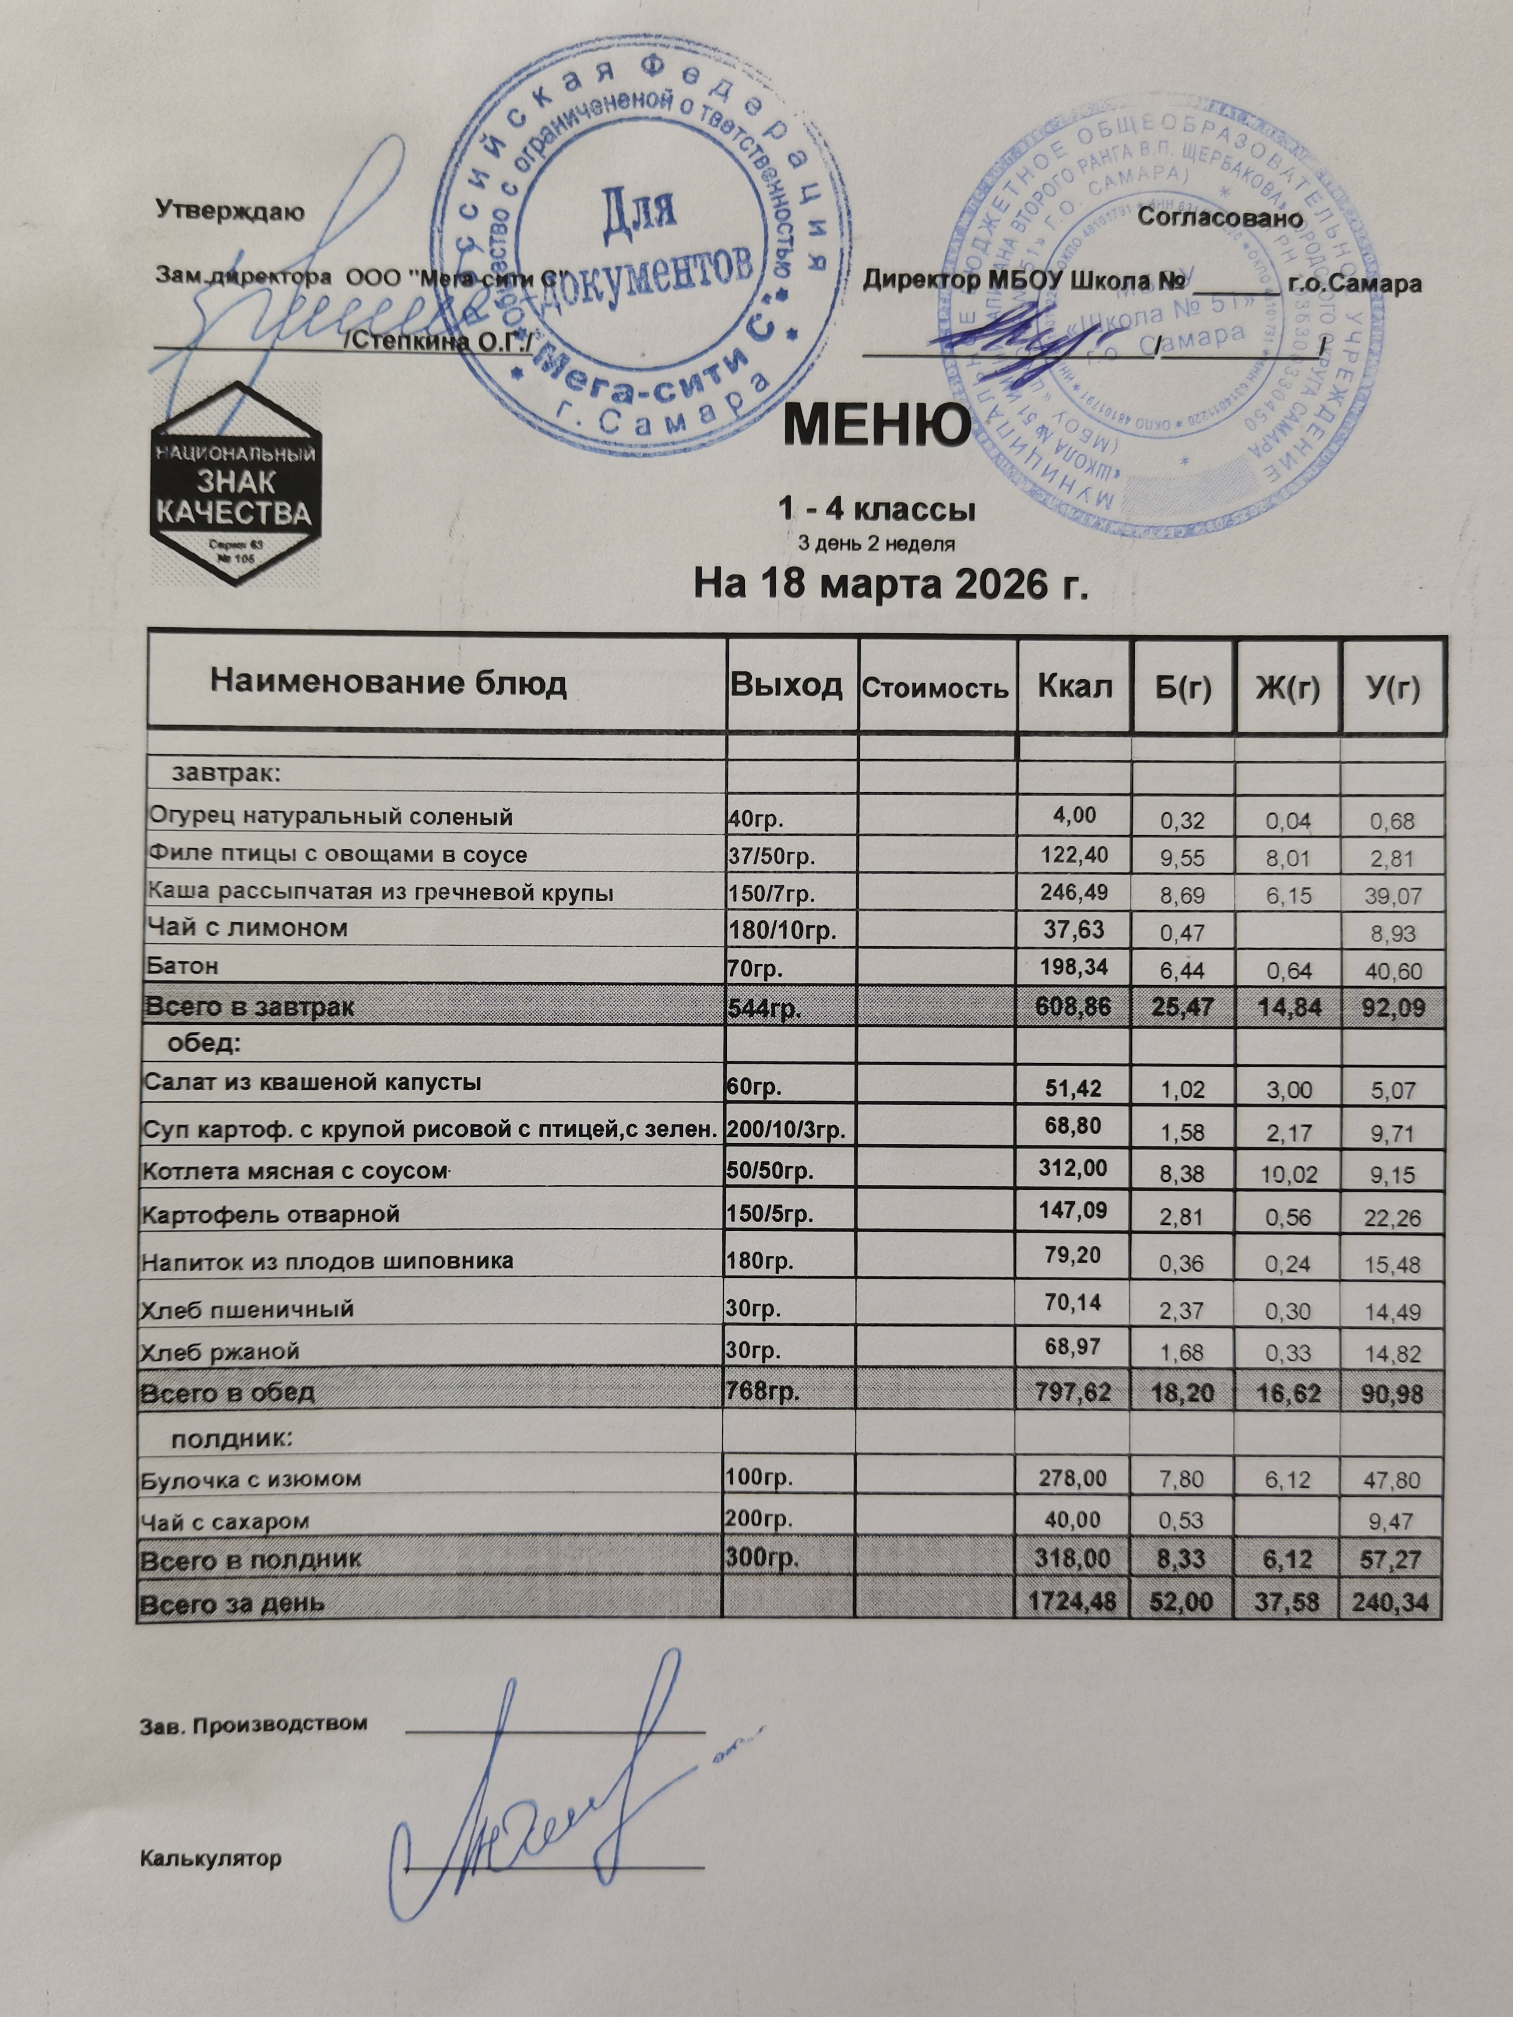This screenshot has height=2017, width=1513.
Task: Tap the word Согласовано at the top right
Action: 1220,218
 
